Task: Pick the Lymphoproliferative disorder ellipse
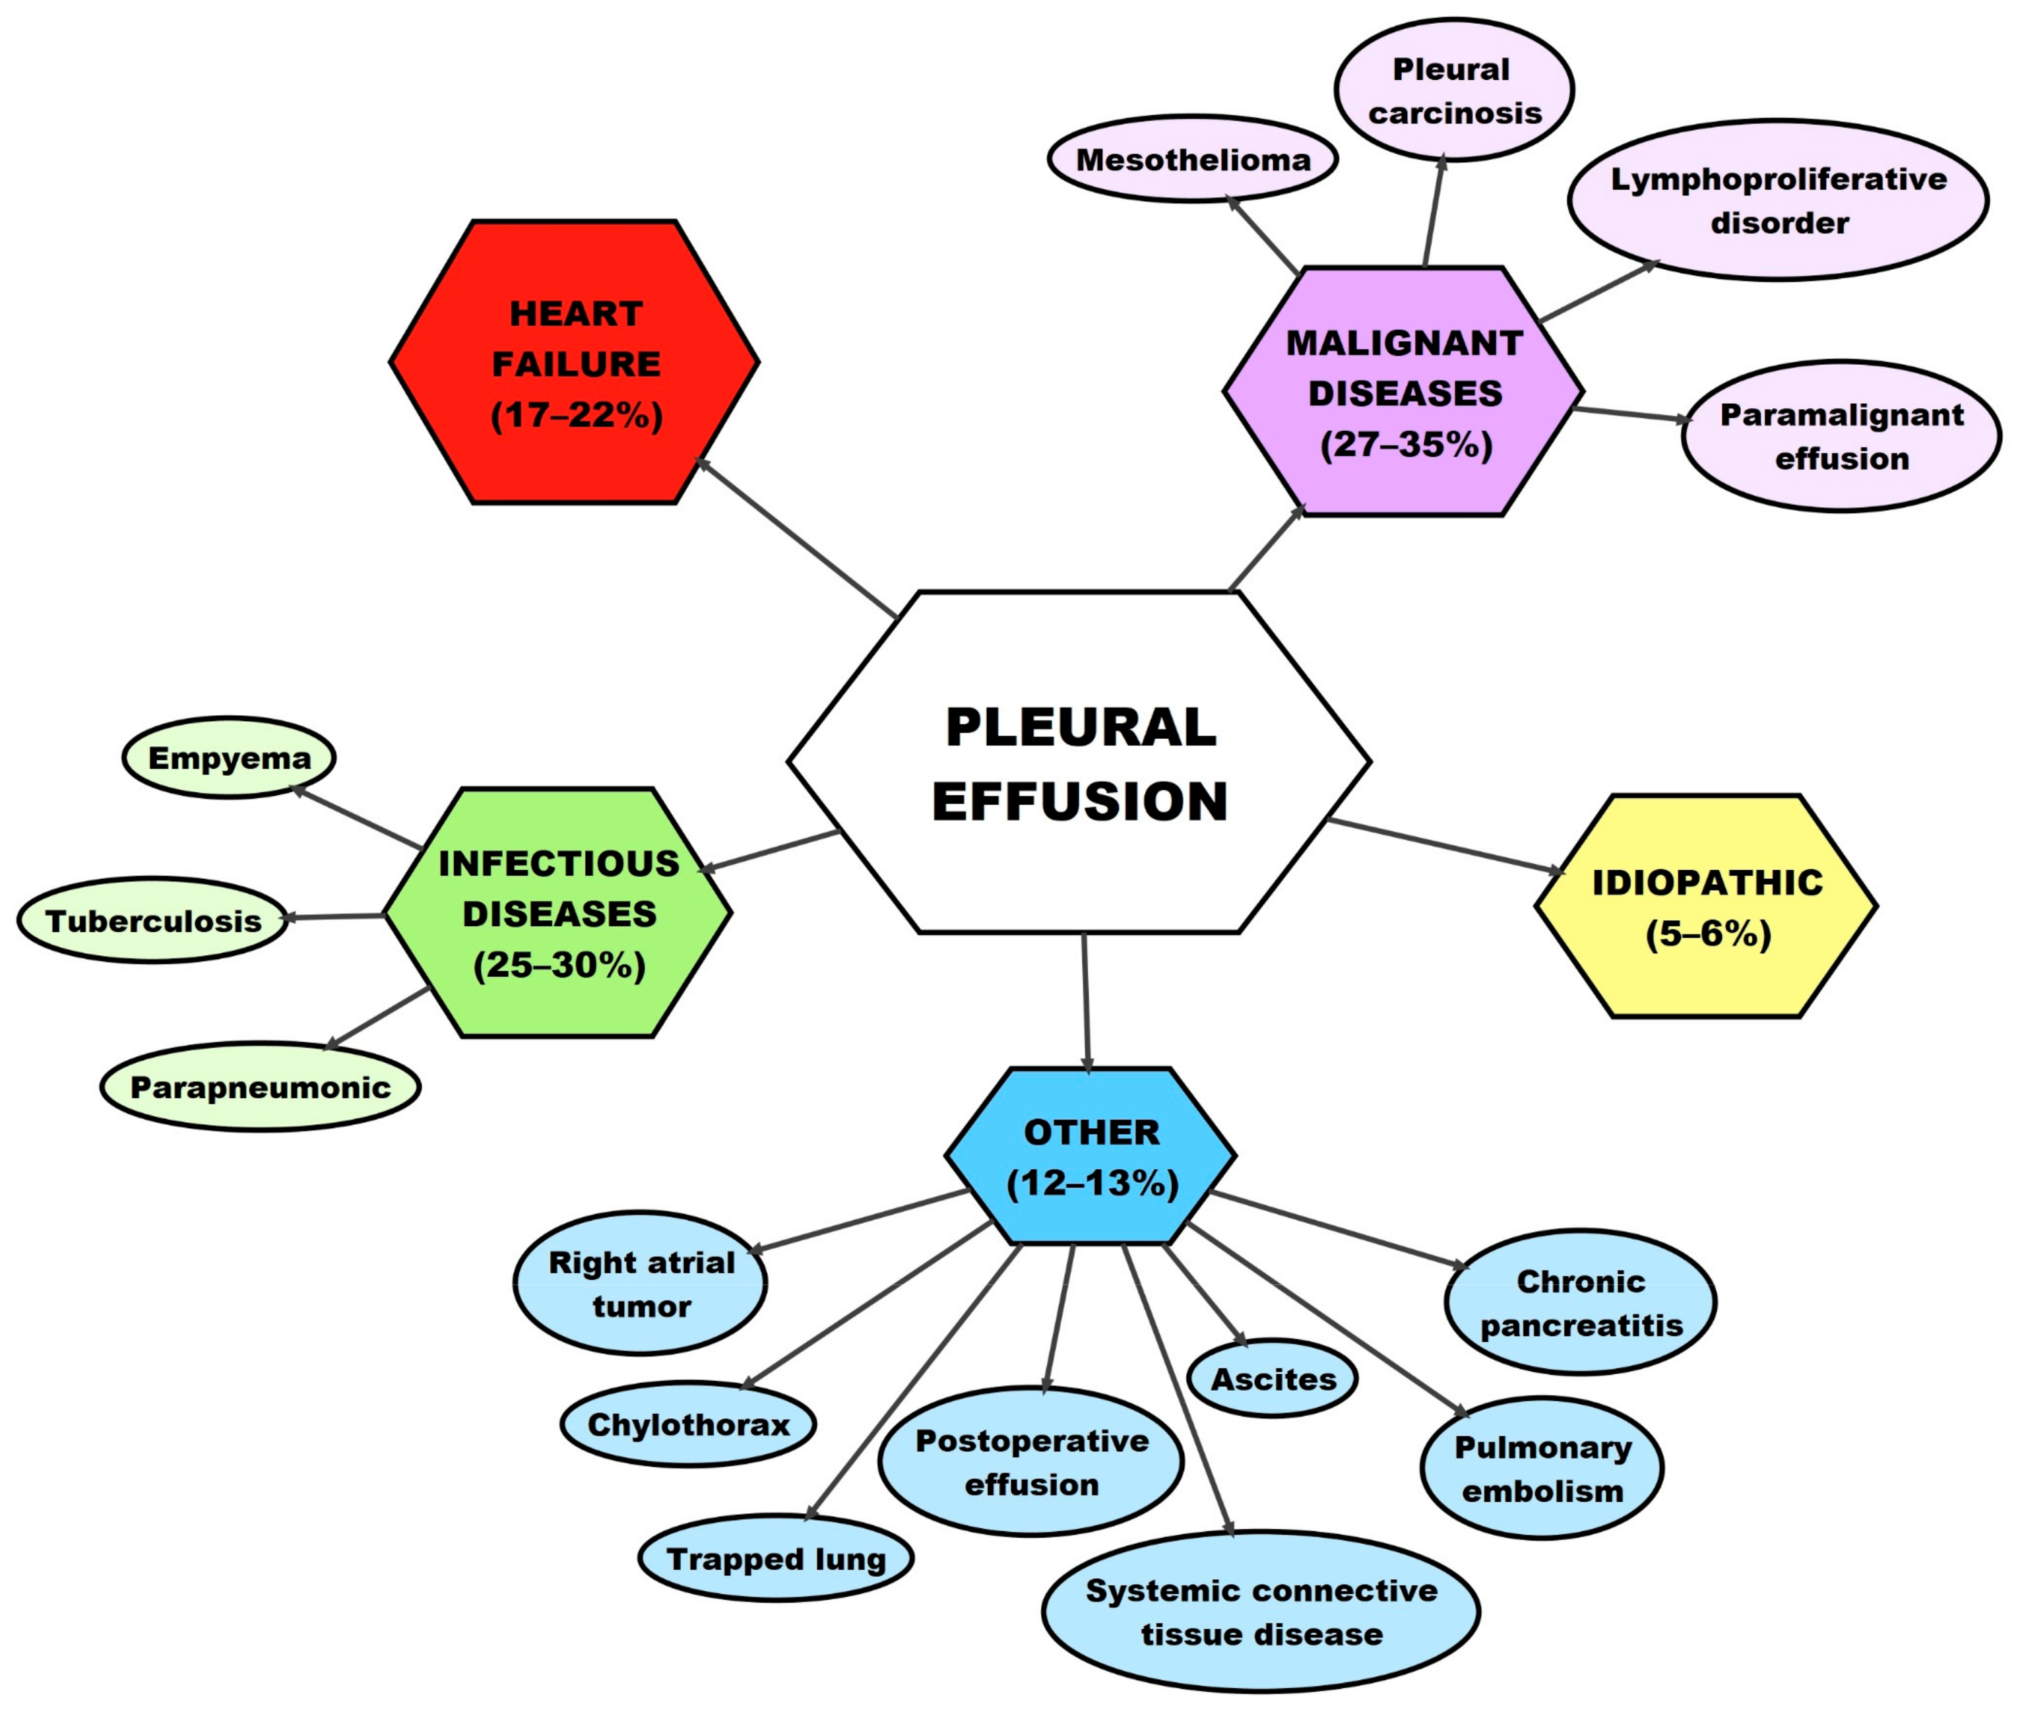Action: point(1778,200)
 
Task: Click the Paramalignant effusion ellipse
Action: point(1841,436)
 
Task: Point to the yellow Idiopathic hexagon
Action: point(1706,906)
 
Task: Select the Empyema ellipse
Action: point(229,758)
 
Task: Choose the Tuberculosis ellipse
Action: point(153,920)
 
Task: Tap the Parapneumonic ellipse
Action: point(260,1087)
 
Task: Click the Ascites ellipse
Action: point(1272,1378)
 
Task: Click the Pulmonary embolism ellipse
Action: point(1541,1469)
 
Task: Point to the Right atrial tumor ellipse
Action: point(641,1283)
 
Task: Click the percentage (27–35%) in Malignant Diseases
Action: point(1406,445)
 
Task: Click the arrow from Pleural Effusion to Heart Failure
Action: point(795,538)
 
